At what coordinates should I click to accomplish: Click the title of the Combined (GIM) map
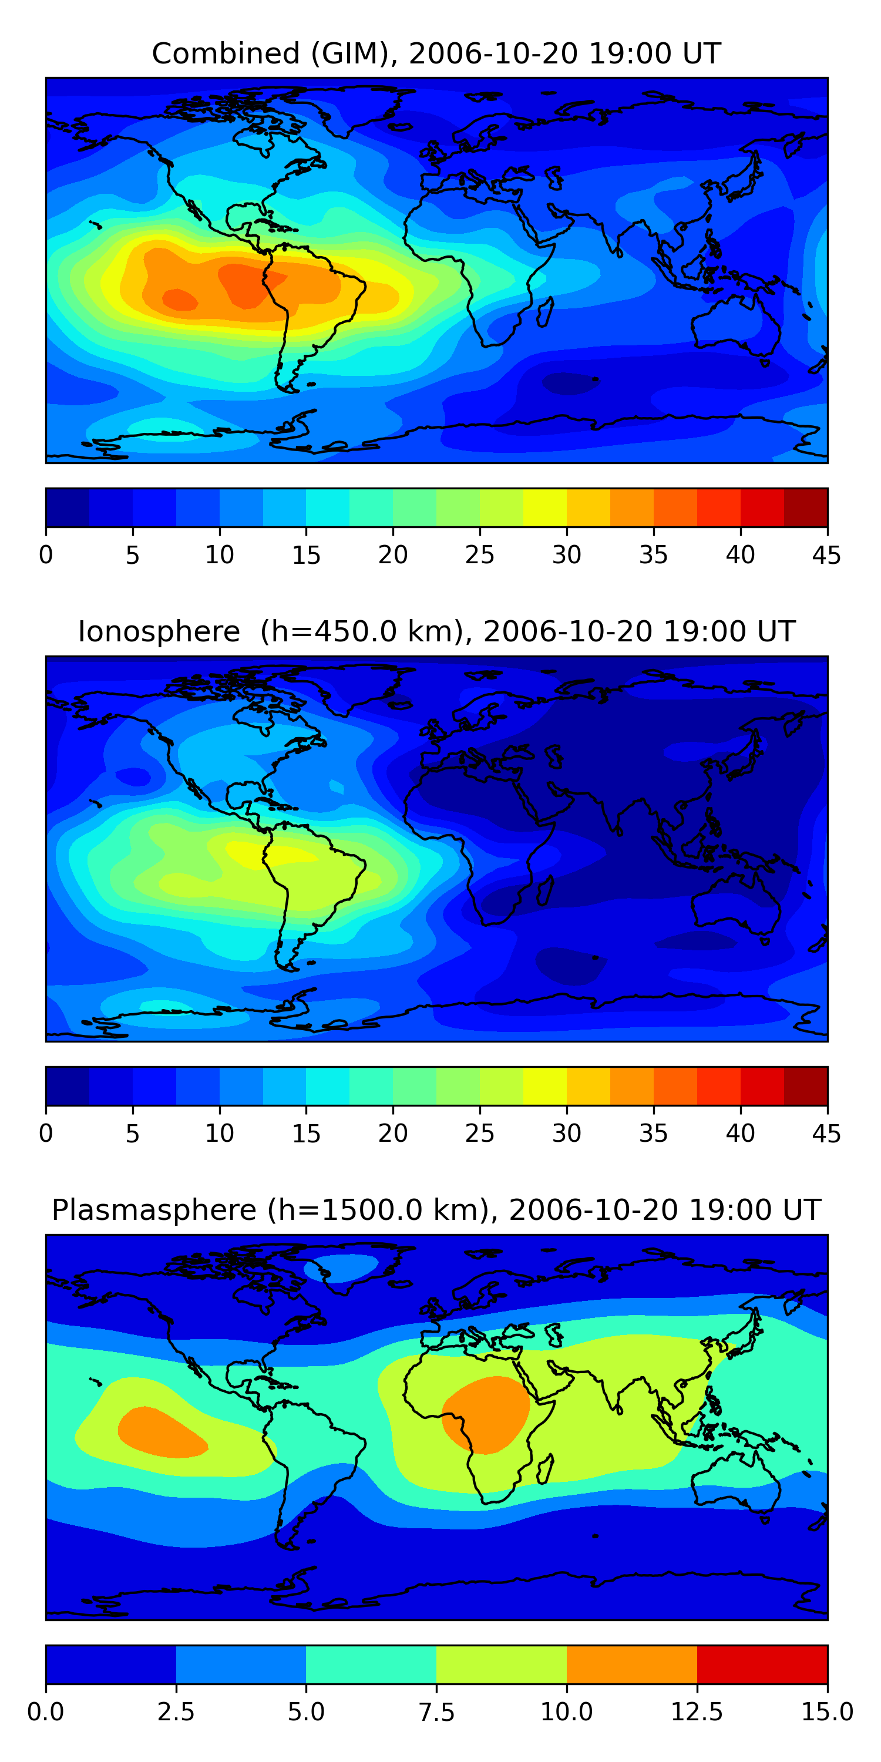click(x=436, y=53)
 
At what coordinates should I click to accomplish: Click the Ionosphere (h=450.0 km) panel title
click(x=436, y=631)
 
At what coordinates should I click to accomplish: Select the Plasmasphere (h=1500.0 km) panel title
click(x=436, y=1209)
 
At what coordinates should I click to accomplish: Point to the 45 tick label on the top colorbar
click(x=826, y=554)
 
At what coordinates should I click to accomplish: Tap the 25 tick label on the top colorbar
click(x=479, y=554)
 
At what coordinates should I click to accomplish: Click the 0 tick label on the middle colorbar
click(x=46, y=1133)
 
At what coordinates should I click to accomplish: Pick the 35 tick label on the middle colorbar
click(x=653, y=1133)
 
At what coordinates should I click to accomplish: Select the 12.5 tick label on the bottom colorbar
click(x=697, y=1711)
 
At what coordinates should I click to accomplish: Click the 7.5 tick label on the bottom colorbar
click(x=436, y=1711)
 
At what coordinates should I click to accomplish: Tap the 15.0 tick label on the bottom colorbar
click(x=827, y=1711)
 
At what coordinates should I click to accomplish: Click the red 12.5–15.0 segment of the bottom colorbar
click(x=762, y=1664)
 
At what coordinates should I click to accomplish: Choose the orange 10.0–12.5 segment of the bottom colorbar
click(x=631, y=1664)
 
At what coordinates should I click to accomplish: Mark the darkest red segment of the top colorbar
click(x=806, y=507)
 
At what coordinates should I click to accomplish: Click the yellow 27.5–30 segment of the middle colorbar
click(x=544, y=1085)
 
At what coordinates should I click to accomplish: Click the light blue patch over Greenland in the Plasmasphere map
click(x=342, y=1267)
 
